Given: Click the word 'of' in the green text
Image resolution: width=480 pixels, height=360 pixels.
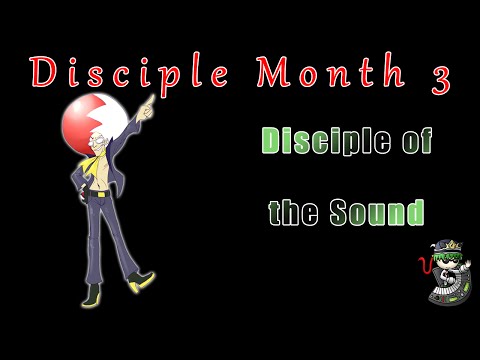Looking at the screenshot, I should click(x=412, y=142).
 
